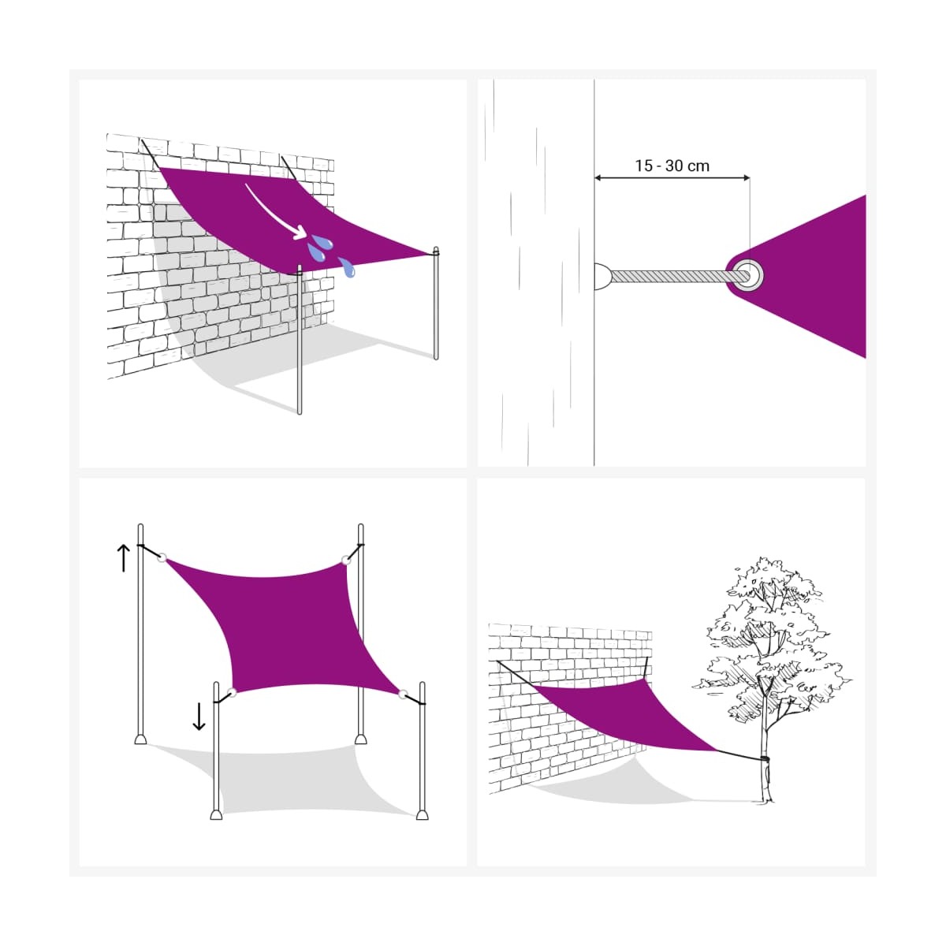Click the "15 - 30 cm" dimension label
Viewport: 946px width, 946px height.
[x=672, y=166]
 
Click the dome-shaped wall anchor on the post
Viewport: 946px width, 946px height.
[x=603, y=276]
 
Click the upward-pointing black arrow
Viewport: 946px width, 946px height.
[x=123, y=558]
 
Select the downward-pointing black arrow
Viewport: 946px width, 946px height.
[x=199, y=717]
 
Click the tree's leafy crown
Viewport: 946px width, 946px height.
[x=769, y=639]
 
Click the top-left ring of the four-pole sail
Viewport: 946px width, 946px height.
[x=162, y=557]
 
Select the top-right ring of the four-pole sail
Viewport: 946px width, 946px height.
[x=346, y=560]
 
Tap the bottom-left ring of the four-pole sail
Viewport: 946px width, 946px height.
[x=232, y=692]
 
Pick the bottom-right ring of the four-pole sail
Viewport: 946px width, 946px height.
[x=403, y=695]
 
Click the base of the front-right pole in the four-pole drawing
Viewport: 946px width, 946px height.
[x=422, y=815]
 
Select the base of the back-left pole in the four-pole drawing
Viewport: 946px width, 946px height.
[x=140, y=739]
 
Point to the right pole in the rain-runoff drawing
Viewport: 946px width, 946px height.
[x=436, y=304]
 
